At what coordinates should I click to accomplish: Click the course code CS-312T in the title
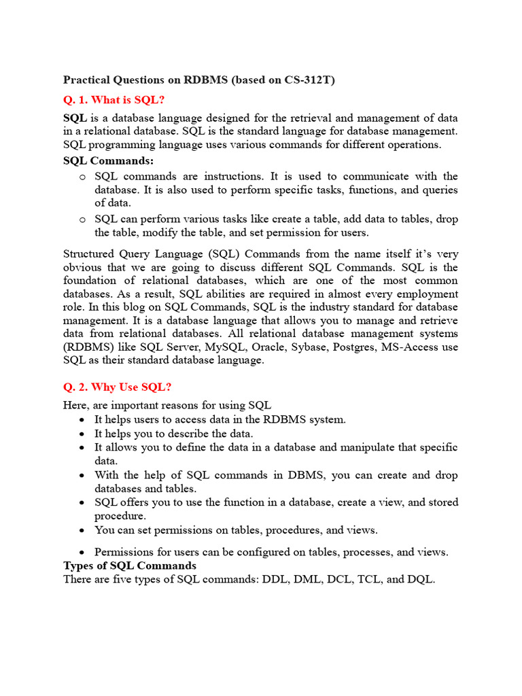pyautogui.click(x=310, y=80)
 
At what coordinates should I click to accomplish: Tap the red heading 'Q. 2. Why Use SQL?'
pyautogui.click(x=117, y=387)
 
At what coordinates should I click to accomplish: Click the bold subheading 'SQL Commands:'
pyautogui.click(x=109, y=161)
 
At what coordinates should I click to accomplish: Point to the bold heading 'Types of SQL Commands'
pyautogui.click(x=130, y=565)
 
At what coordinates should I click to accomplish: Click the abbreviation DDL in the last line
pyautogui.click(x=281, y=580)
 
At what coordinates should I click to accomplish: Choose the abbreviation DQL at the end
pyautogui.click(x=419, y=580)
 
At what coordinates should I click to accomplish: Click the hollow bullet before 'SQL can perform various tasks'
pyautogui.click(x=82, y=219)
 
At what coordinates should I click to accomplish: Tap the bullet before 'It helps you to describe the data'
pyautogui.click(x=82, y=434)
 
